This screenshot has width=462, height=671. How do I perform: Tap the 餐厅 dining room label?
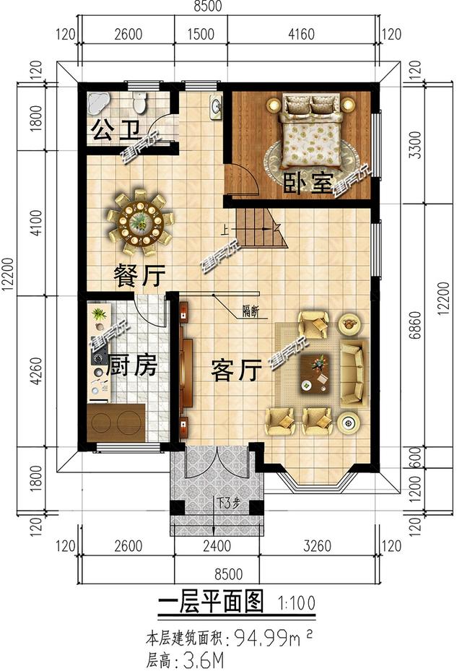(x=140, y=275)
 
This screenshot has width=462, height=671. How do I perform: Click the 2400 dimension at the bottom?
(x=217, y=547)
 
